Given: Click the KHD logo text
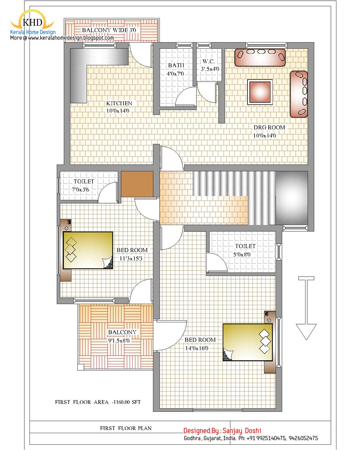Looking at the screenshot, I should tap(32, 23).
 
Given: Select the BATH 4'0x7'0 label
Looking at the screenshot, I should tap(175, 69).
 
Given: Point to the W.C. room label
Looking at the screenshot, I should tap(209, 65).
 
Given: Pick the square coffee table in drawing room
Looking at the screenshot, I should tap(260, 92).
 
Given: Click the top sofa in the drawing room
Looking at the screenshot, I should tap(260, 57).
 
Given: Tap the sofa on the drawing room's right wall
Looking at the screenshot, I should tap(298, 94).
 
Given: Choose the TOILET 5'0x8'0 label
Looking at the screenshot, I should tap(245, 250).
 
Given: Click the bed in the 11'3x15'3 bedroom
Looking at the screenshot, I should tap(88, 250).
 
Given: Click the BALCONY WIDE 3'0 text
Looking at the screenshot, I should tap(109, 30).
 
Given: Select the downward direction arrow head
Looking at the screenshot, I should tap(306, 332).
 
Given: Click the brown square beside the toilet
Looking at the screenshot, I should tap(137, 184).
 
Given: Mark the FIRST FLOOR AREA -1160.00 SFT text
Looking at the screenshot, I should tap(98, 402).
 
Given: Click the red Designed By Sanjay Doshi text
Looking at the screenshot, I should tap(222, 431).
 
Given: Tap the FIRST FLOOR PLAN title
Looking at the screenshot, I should tap(126, 428).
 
